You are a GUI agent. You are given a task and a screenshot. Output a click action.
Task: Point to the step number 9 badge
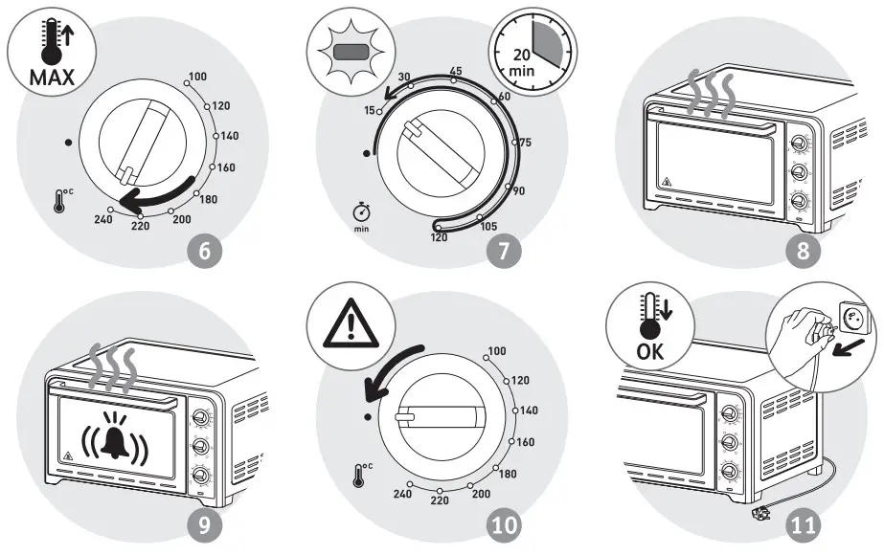[207, 524]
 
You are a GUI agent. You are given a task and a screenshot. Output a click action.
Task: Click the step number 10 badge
[502, 524]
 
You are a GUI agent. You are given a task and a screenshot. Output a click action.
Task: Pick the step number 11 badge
[798, 524]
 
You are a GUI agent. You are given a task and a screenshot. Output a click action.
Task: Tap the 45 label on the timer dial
[457, 72]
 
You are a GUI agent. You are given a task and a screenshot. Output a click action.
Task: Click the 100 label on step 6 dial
[198, 77]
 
